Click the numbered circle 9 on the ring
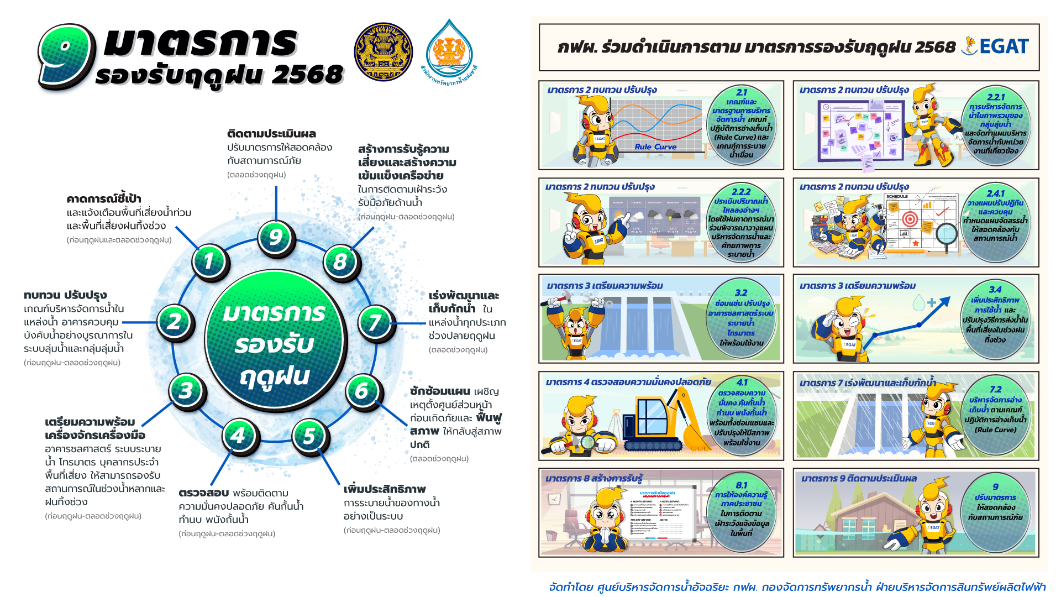tap(276, 238)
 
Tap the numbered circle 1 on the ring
tap(210, 261)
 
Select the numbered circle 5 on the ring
tap(310, 436)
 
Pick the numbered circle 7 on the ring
tap(376, 322)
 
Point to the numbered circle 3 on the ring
tap(187, 390)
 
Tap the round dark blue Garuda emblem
tap(383, 52)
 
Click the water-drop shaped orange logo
tap(449, 53)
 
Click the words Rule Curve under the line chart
tap(655, 147)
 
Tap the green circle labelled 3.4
tap(995, 316)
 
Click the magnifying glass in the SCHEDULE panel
tap(947, 234)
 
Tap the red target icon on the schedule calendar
tap(910, 219)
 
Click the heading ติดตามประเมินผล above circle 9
tap(271, 134)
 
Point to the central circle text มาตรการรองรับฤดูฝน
tap(275, 344)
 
